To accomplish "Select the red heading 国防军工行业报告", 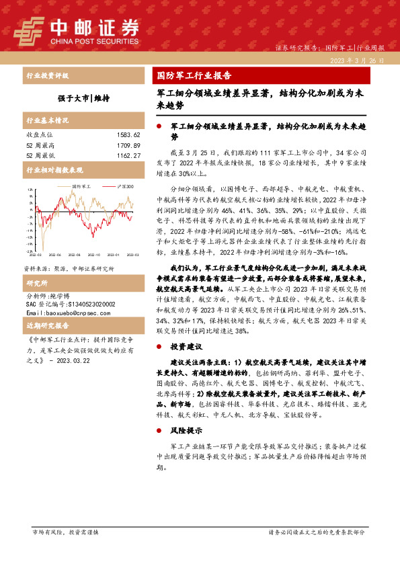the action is coord(194,75).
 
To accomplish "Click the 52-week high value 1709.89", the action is coord(127,145).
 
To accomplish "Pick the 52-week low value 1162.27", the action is coord(127,155).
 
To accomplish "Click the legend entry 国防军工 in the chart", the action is coord(81,186).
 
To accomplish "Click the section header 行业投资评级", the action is coord(47,76).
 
